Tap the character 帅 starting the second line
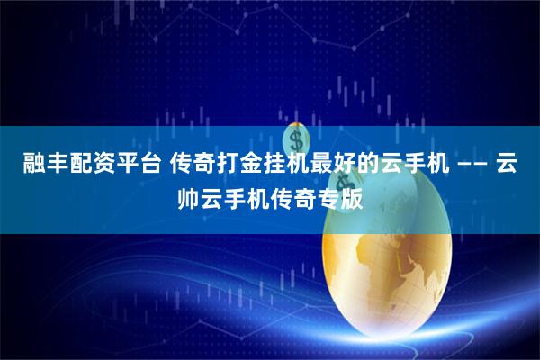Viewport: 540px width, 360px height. point(187,197)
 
